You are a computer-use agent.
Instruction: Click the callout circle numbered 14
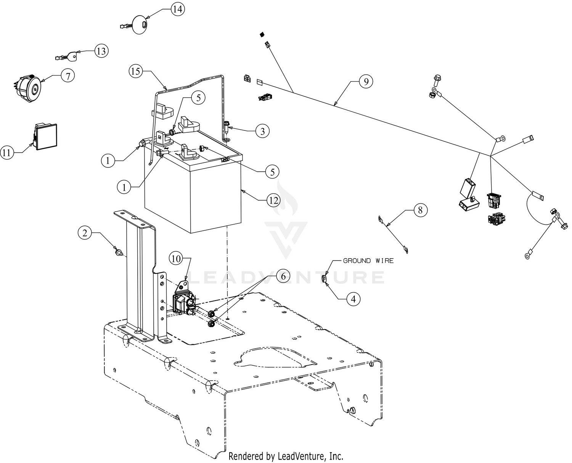pos(177,9)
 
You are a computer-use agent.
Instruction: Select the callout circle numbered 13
pos(101,51)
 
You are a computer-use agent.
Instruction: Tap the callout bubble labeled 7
pos(67,76)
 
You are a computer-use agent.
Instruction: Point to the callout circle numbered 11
pos(7,153)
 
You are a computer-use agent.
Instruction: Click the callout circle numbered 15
pos(136,71)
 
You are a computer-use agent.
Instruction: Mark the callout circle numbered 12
pos(273,200)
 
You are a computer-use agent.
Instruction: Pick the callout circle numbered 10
pos(176,259)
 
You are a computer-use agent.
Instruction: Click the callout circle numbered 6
pos(283,276)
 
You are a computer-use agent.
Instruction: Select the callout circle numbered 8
pos(420,210)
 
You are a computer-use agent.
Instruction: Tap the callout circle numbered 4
pos(353,299)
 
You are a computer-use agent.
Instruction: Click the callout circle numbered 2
pos(85,232)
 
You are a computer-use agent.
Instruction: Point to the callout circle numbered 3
pos(262,131)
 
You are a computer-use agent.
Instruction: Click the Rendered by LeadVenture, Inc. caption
pos(286,456)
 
